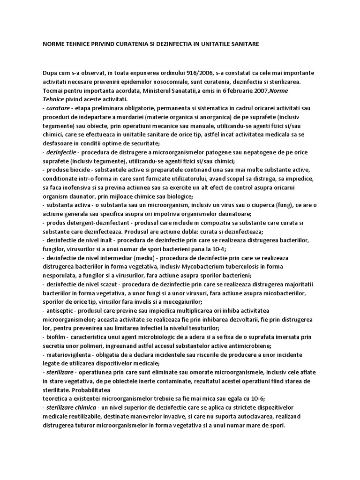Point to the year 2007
pos(247,90)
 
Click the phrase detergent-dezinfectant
pos(101,223)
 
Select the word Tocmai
pos(52,90)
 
